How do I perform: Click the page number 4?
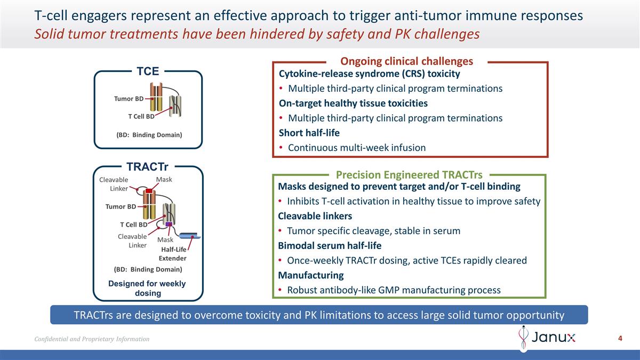coord(620,338)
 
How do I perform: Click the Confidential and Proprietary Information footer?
coord(92,339)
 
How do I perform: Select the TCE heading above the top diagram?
coord(148,71)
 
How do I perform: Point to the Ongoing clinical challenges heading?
coord(406,61)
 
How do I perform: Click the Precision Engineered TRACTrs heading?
coord(409,175)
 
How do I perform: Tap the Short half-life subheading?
coord(309,133)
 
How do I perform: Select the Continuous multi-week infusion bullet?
coord(356,148)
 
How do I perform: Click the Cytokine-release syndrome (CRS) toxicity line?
coord(369,74)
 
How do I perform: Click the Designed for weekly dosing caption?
coord(147,288)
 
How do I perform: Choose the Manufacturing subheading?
coord(311,275)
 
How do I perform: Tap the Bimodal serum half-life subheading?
coord(330,246)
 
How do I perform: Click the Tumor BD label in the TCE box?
coord(129,99)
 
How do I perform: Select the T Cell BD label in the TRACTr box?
coord(133,225)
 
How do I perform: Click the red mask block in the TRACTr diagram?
coord(149,191)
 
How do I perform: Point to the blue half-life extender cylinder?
coord(188,236)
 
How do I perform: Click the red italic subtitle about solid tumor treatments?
coord(257,34)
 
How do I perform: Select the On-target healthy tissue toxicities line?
coord(353,103)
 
